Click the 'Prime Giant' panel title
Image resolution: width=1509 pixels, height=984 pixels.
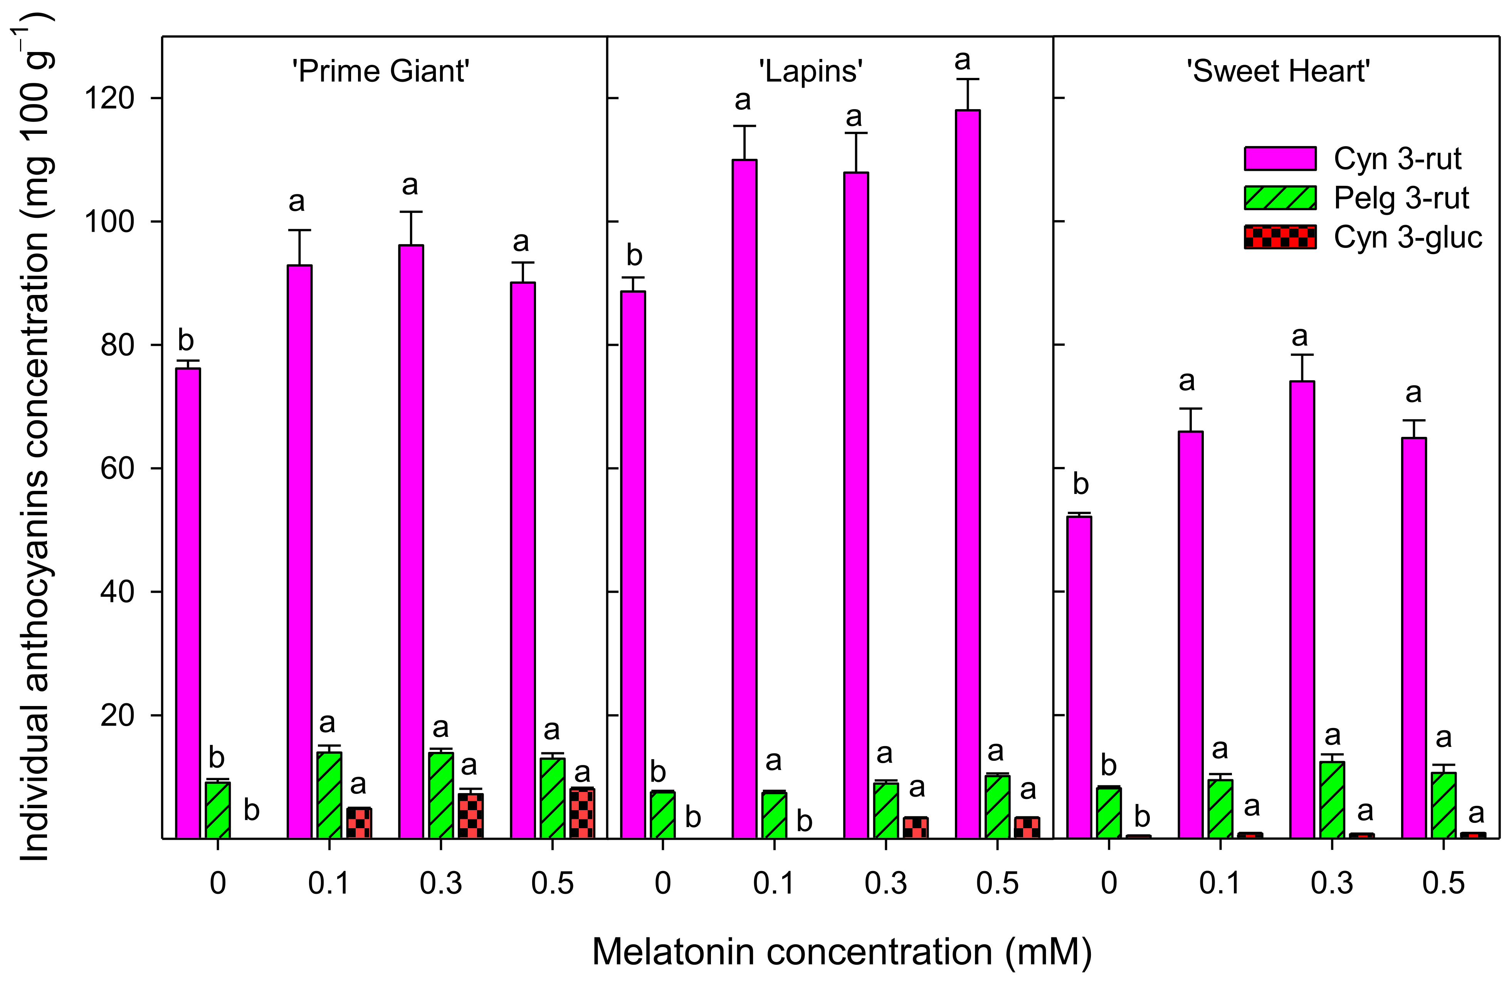(x=380, y=71)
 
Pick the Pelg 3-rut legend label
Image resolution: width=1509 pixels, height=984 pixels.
(x=1401, y=198)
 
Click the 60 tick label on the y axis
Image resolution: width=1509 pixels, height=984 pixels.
(x=117, y=468)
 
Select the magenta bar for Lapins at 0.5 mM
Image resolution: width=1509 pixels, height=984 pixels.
(x=968, y=476)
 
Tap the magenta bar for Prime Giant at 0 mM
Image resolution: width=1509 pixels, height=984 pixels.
(x=188, y=603)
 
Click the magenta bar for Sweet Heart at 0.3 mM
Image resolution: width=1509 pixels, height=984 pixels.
(x=1302, y=609)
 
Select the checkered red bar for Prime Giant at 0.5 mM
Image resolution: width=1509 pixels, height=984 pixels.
(x=582, y=813)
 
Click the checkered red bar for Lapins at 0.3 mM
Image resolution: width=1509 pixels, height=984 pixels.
(x=916, y=828)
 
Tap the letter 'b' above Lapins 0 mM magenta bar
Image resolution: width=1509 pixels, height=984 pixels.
(x=634, y=256)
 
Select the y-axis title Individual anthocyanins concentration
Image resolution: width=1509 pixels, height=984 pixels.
(x=35, y=438)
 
